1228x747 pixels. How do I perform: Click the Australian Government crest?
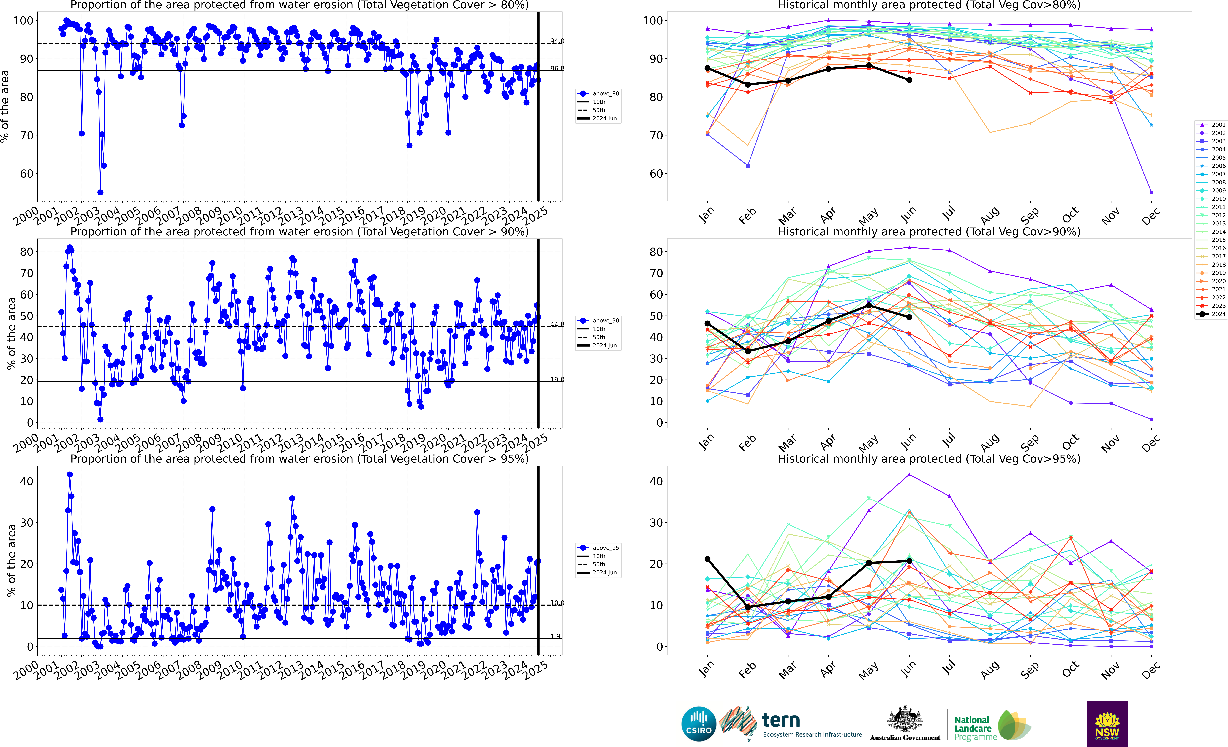coord(905,720)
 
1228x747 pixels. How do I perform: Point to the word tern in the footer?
coord(781,720)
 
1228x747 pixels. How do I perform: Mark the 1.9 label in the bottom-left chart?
coord(555,636)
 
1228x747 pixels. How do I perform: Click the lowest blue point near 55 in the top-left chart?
coord(100,192)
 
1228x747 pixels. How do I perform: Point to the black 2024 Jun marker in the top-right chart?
coord(909,80)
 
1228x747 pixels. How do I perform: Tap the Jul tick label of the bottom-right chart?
coord(949,670)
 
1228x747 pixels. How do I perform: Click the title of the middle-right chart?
coord(929,232)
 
